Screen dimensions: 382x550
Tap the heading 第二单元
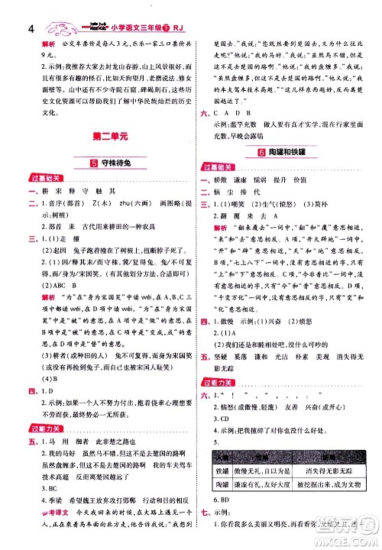tap(96, 137)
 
